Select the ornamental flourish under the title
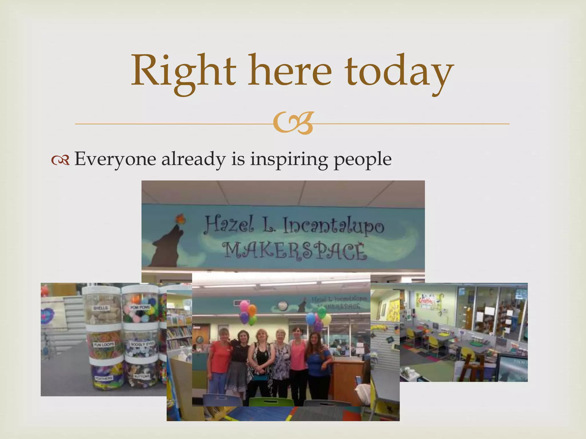tap(293, 123)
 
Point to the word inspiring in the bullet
tap(289, 159)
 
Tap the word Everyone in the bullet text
tap(116, 159)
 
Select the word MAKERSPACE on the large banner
tap(295, 251)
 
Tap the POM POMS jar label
tap(140, 307)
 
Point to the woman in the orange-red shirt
tap(220, 360)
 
